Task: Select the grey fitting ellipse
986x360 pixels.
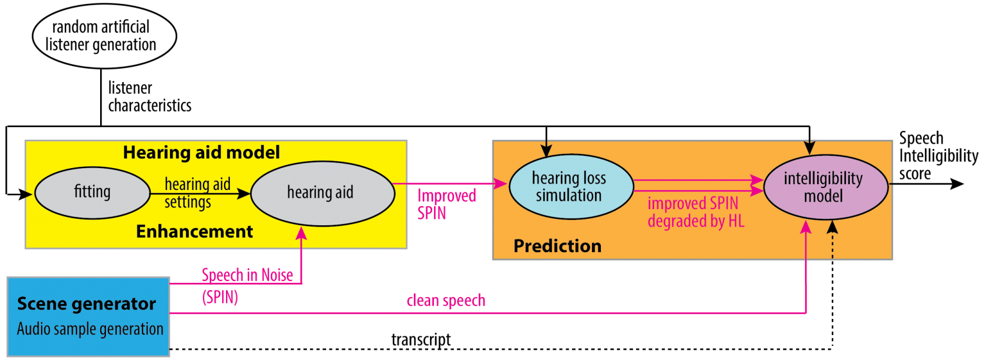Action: pyautogui.click(x=91, y=191)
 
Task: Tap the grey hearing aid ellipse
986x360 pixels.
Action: pyautogui.click(x=320, y=191)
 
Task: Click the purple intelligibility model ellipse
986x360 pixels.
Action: pyautogui.click(x=824, y=186)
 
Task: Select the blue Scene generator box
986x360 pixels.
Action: pyautogui.click(x=88, y=316)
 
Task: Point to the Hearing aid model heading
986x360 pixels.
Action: pyautogui.click(x=202, y=153)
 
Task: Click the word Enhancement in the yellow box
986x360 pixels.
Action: pyautogui.click(x=195, y=232)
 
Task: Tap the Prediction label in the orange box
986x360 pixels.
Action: pyautogui.click(x=557, y=246)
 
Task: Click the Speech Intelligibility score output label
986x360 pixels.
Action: pyautogui.click(x=938, y=156)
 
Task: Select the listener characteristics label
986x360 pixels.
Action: pyautogui.click(x=149, y=96)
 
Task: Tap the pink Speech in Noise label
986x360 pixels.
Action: pyautogui.click(x=246, y=275)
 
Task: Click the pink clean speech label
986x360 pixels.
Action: pyautogui.click(x=445, y=300)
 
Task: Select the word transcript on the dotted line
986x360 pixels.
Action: pyautogui.click(x=420, y=339)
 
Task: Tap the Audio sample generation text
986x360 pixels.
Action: pyautogui.click(x=90, y=329)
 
